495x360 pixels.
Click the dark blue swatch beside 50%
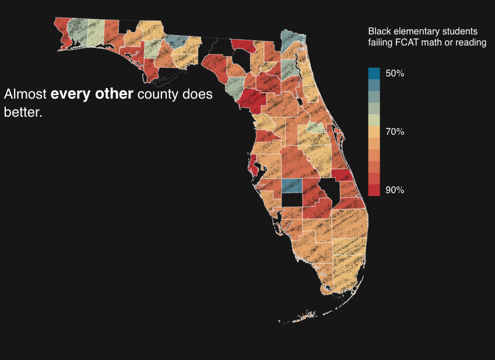(x=374, y=74)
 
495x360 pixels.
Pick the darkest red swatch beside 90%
(x=374, y=190)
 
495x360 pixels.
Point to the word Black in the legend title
(x=380, y=31)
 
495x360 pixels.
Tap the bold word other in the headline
(x=114, y=94)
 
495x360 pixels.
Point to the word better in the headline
(x=22, y=112)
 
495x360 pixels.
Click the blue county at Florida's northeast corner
(x=288, y=40)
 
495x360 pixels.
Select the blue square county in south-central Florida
(x=292, y=186)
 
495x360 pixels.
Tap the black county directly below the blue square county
(x=292, y=199)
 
